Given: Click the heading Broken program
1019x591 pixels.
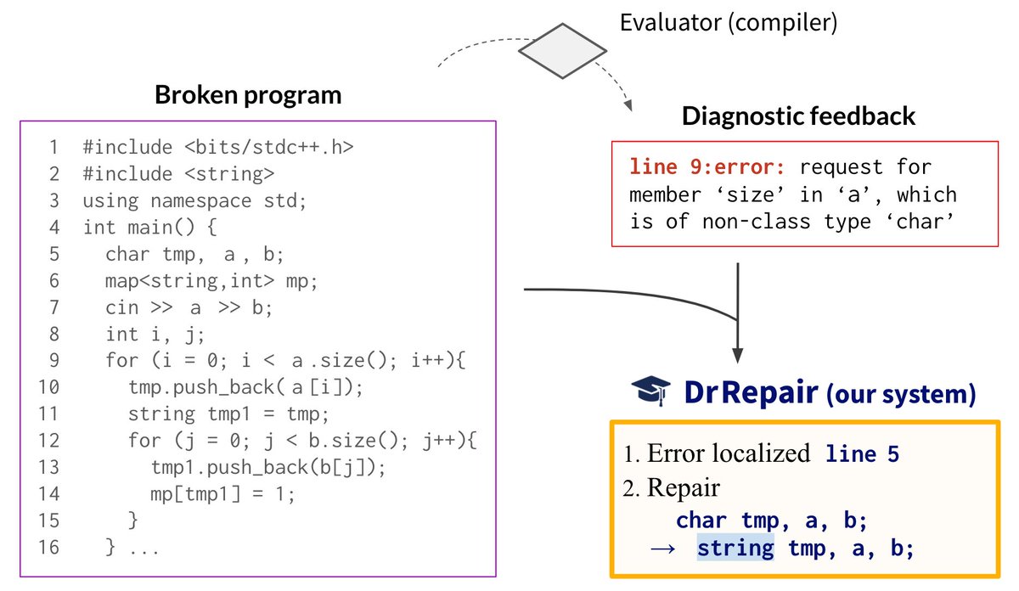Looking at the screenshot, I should [248, 95].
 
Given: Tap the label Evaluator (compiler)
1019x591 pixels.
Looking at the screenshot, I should [729, 23].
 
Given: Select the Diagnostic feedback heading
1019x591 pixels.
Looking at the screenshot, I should [798, 116].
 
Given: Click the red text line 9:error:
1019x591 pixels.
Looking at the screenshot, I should [708, 167].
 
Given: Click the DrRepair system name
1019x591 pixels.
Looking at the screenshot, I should [751, 392].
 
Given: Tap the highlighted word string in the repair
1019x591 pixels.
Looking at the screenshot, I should [735, 549].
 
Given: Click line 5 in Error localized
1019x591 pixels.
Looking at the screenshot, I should [862, 454].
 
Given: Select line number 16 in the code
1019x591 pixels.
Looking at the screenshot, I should [49, 547].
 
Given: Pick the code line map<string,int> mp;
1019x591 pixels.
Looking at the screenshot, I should [211, 281].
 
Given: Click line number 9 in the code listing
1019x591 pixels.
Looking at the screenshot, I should [53, 361].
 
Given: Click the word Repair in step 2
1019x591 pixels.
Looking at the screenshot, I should [683, 488].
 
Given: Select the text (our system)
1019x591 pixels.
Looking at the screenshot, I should [899, 394].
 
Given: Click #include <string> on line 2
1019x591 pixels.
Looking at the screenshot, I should [178, 174].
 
